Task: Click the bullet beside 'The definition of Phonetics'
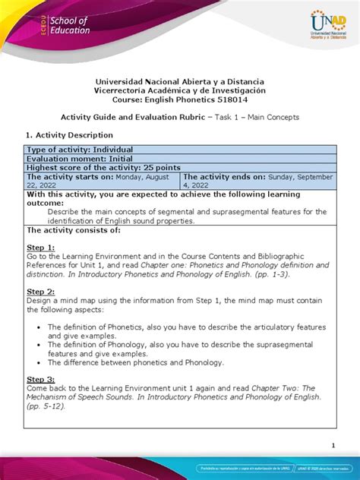[x=37, y=327]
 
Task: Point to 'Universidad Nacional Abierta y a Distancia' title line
[x=180, y=81]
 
